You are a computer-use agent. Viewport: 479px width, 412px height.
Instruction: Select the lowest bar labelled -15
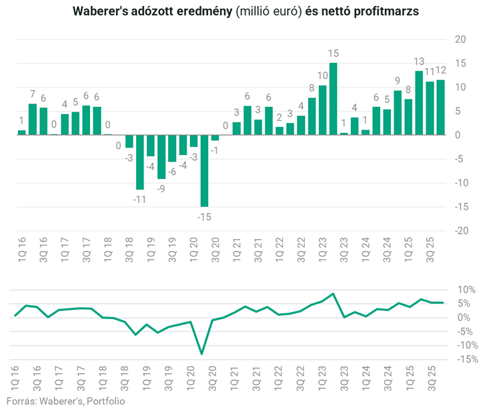point(204,170)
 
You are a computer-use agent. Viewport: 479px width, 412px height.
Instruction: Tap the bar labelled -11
point(140,162)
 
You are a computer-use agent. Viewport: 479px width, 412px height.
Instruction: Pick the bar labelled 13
point(419,103)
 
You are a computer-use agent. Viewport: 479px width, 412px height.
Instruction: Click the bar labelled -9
point(161,157)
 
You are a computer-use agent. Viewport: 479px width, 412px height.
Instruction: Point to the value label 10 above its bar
point(323,76)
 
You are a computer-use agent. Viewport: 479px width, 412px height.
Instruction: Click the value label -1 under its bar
point(215,150)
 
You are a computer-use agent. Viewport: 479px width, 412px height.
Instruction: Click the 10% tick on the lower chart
point(466,290)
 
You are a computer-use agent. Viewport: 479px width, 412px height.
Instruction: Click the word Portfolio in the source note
point(103,401)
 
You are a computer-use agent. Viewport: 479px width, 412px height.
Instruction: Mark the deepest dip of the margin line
point(201,354)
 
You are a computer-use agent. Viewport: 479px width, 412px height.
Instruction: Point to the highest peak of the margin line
point(333,293)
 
